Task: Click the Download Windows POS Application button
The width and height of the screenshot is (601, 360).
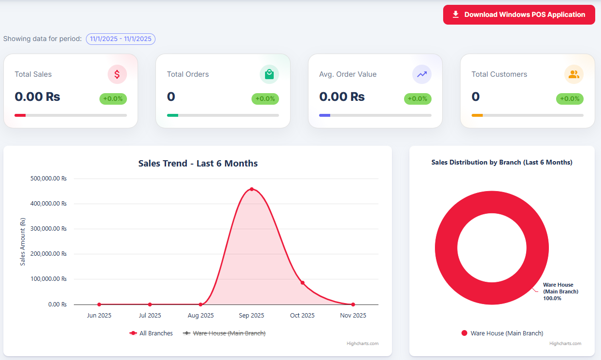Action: pyautogui.click(x=519, y=14)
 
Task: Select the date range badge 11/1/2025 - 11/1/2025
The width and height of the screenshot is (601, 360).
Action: pyautogui.click(x=121, y=39)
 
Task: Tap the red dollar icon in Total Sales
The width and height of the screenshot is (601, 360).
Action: pyautogui.click(x=117, y=74)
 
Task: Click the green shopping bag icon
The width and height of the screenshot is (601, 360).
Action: pyautogui.click(x=269, y=74)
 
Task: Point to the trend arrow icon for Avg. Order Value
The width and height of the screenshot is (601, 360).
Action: pyautogui.click(x=421, y=74)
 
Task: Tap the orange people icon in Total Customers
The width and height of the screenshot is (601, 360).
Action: pyautogui.click(x=573, y=74)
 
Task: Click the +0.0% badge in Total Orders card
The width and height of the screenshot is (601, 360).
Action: pyautogui.click(x=265, y=99)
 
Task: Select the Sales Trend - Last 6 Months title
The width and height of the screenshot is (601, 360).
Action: pyautogui.click(x=198, y=164)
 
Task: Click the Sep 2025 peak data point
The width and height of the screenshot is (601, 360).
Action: pyautogui.click(x=252, y=189)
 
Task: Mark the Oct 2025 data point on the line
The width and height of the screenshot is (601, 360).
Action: pyautogui.click(x=303, y=283)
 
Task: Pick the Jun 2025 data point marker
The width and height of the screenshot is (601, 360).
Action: pyautogui.click(x=99, y=305)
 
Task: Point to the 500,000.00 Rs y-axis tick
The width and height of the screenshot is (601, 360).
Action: pyautogui.click(x=48, y=179)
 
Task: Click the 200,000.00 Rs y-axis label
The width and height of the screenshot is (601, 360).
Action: pyautogui.click(x=48, y=254)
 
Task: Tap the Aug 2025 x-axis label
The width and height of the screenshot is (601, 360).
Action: pyautogui.click(x=201, y=316)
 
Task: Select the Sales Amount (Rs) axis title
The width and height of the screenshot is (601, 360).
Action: pyautogui.click(x=22, y=241)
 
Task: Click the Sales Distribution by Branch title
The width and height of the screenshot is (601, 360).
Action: pyautogui.click(x=502, y=163)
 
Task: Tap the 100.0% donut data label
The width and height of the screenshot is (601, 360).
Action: pyautogui.click(x=552, y=298)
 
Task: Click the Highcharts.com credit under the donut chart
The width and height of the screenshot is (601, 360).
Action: pyautogui.click(x=565, y=344)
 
